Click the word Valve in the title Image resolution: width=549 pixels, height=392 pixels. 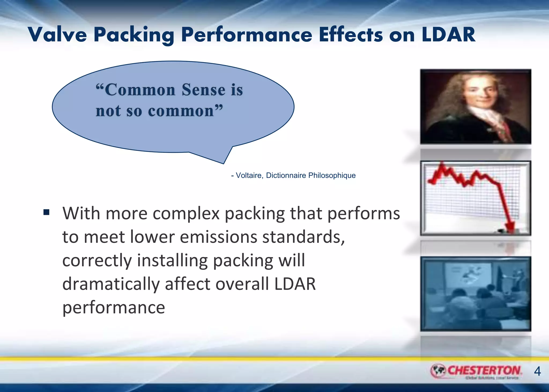point(57,35)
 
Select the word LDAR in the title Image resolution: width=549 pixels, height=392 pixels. point(448,35)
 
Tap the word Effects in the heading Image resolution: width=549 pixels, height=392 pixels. point(351,35)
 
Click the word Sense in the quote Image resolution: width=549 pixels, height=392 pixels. point(203,90)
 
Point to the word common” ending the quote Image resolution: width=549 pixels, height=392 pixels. point(185,111)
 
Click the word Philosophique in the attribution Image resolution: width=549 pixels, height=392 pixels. point(332,176)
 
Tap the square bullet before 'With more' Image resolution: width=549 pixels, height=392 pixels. point(46,212)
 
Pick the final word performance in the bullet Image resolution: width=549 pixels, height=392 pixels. point(114,308)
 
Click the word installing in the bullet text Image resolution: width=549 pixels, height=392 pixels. point(172,260)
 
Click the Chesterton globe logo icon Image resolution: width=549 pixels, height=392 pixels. point(438,371)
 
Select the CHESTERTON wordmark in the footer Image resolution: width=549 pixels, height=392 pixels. point(484,370)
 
